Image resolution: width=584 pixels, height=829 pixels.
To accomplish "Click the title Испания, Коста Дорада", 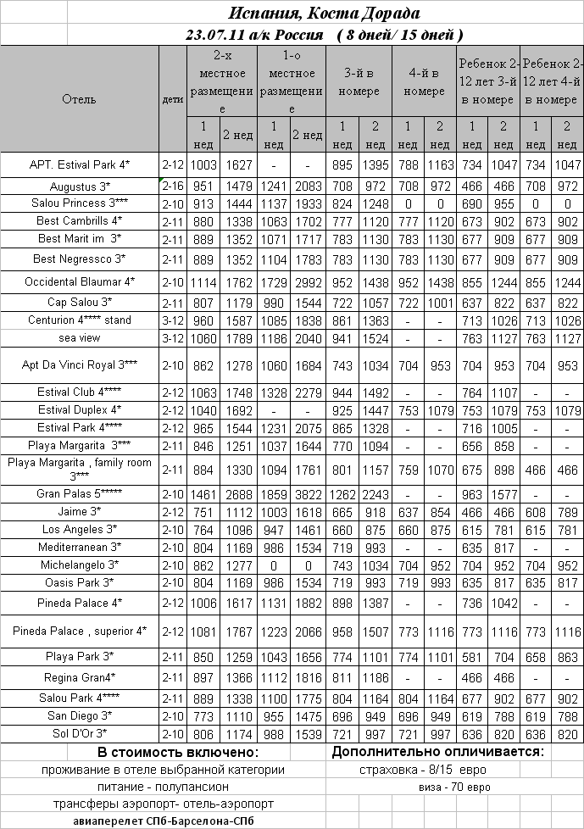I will click(325, 14).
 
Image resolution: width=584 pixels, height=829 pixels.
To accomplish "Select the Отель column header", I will click(80, 99).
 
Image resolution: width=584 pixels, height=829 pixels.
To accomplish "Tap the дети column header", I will click(173, 99).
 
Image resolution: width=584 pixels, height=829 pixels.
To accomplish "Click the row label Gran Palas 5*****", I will click(80, 493).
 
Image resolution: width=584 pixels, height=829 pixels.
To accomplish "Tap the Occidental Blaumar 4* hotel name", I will click(80, 281).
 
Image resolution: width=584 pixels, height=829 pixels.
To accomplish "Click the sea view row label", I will click(80, 337).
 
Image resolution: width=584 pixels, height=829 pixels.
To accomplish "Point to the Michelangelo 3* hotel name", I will click(80, 564).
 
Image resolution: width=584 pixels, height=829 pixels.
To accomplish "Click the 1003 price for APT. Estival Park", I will click(204, 164).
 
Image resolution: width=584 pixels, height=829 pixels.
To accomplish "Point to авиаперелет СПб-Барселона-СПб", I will click(164, 821).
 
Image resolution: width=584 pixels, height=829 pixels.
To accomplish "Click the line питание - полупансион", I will click(164, 787).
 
